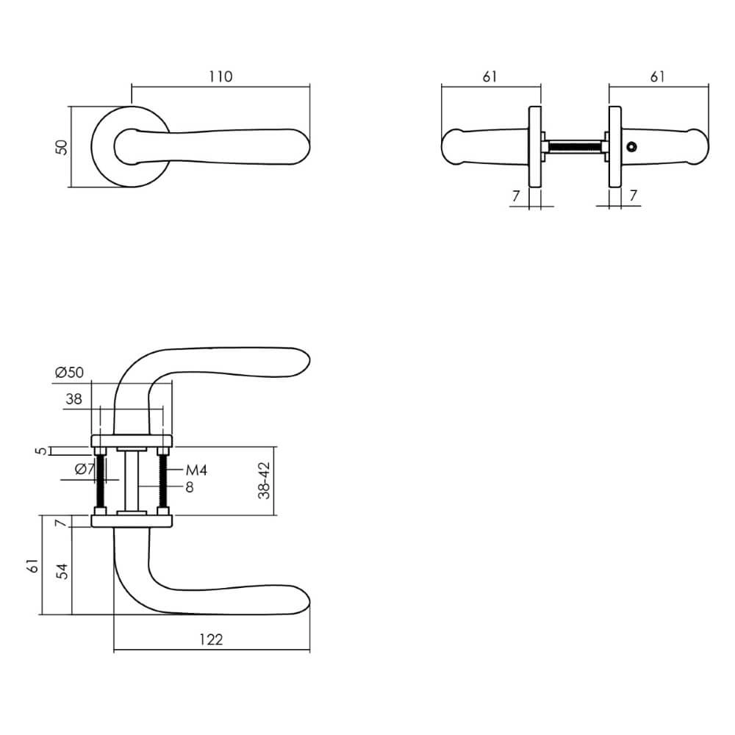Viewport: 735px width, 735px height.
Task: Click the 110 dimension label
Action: click(220, 77)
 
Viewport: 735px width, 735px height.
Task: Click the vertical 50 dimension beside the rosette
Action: click(62, 146)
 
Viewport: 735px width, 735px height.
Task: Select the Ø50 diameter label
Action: click(70, 373)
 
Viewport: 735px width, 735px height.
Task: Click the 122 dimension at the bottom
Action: click(211, 639)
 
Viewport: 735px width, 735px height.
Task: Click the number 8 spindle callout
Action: click(189, 487)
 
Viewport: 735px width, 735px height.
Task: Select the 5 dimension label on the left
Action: click(43, 451)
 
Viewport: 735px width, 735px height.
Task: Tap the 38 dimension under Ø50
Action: click(73, 400)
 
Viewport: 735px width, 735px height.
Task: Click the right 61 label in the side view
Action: click(659, 76)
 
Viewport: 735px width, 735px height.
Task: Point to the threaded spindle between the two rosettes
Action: click(575, 147)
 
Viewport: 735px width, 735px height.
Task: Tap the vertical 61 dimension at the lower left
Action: click(32, 566)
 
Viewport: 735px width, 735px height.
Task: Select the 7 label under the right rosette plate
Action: click(633, 196)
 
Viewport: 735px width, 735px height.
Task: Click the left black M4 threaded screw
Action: click(101, 481)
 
